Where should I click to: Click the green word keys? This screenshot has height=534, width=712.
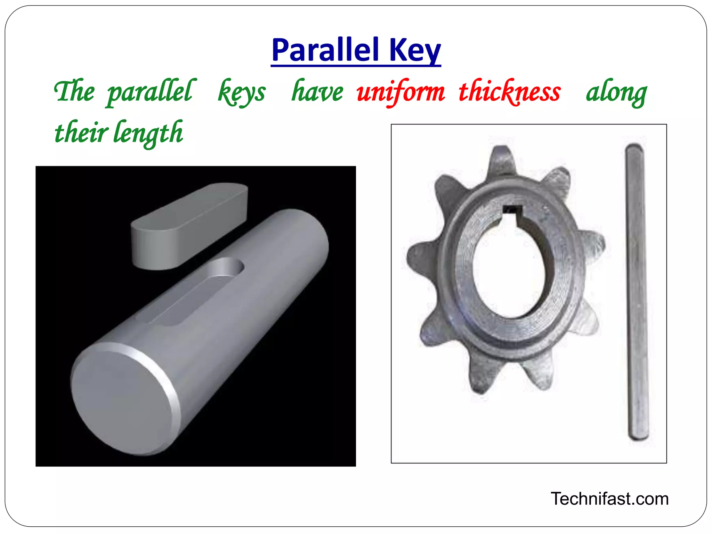pyautogui.click(x=242, y=92)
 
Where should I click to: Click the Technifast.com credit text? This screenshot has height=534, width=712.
pyautogui.click(x=609, y=499)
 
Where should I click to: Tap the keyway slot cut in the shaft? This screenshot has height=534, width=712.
pyautogui.click(x=195, y=292)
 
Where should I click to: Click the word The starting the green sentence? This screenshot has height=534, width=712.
pyautogui.click(x=74, y=91)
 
